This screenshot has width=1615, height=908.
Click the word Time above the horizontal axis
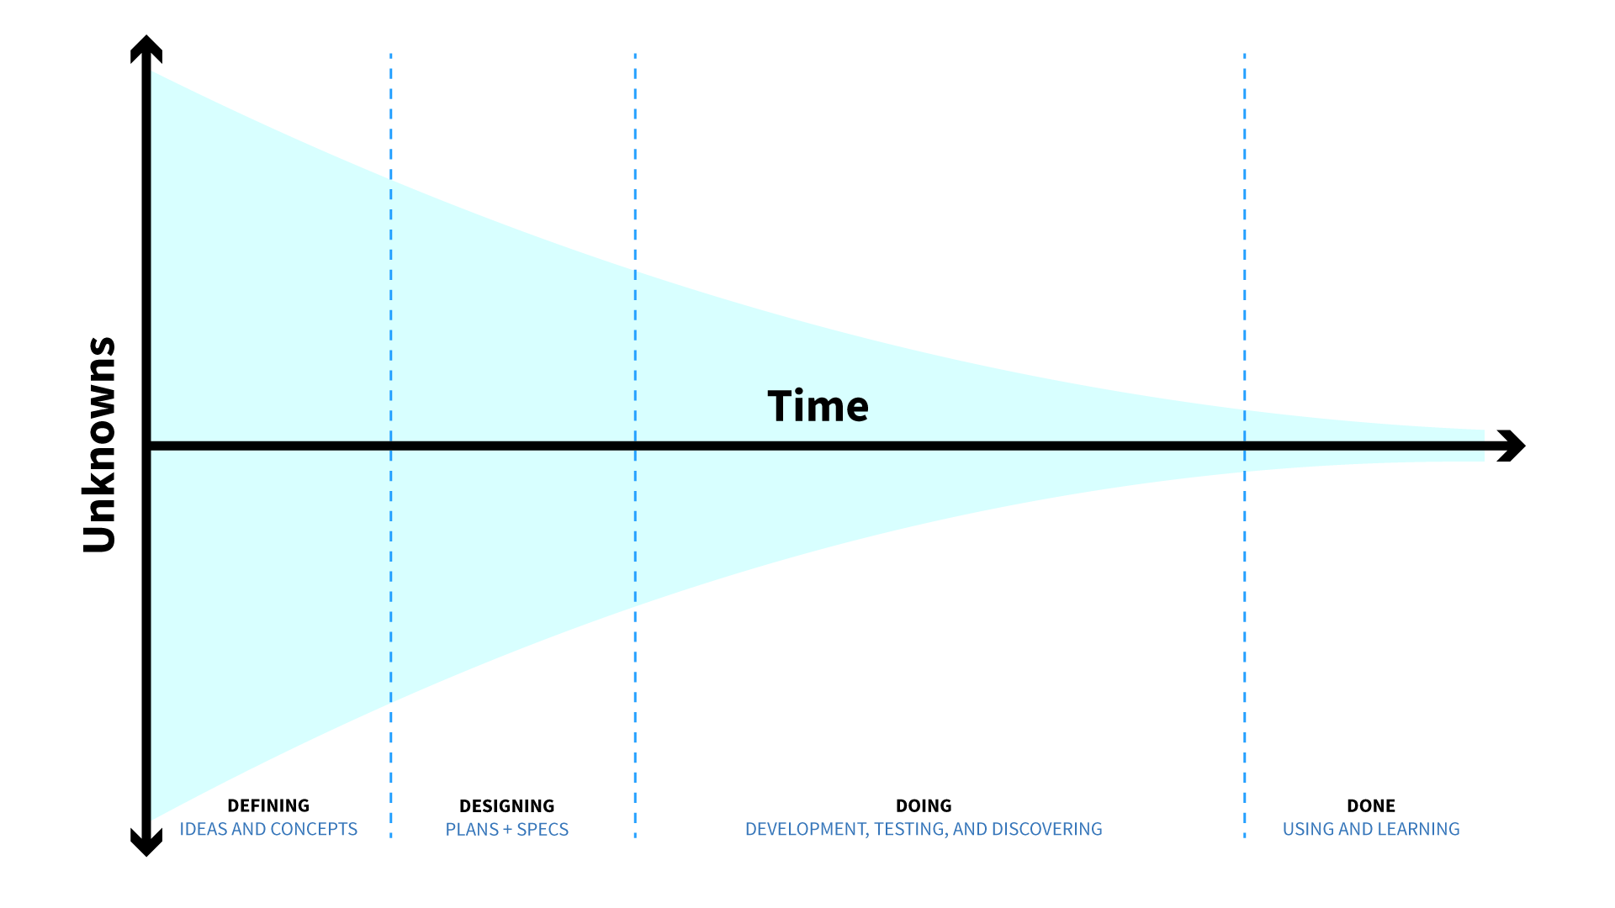click(x=818, y=406)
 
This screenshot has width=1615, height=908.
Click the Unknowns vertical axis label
click(x=99, y=445)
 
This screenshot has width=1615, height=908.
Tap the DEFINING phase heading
click(x=268, y=805)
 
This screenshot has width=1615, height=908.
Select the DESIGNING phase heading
click(x=506, y=806)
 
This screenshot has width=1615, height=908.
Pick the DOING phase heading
click(x=924, y=805)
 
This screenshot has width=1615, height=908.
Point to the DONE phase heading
click(x=1371, y=805)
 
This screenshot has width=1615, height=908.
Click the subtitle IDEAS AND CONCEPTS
click(x=268, y=829)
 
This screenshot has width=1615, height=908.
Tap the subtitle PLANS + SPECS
click(x=506, y=830)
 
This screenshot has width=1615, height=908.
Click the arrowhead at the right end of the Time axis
click(x=1511, y=446)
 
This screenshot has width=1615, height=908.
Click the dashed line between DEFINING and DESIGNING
click(x=391, y=446)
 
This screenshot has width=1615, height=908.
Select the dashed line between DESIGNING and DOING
click(x=635, y=446)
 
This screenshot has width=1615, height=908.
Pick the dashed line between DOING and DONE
click(x=1245, y=446)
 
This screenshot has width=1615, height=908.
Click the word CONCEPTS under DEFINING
click(x=315, y=829)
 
